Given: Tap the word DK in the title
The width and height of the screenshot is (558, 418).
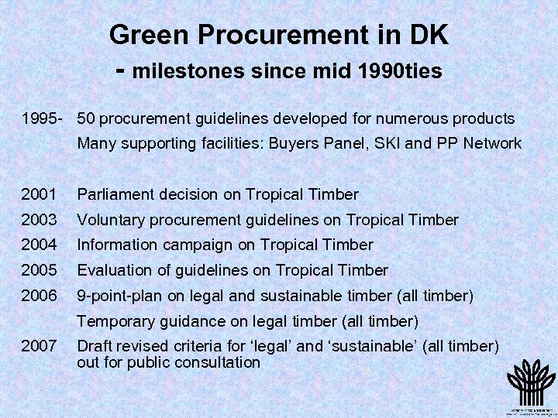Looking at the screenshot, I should pyautogui.click(x=429, y=35).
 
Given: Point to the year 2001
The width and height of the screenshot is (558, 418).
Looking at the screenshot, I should pyautogui.click(x=39, y=194).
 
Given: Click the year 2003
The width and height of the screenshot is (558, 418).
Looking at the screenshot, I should pyautogui.click(x=39, y=220).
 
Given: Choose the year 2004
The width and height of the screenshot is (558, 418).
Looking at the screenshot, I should pyautogui.click(x=39, y=245).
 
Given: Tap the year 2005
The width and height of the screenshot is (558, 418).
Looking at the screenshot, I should pyautogui.click(x=39, y=270).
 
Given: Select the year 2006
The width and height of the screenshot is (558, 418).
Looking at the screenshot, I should pyautogui.click(x=39, y=295).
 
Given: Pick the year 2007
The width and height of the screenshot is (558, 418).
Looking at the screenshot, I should pyautogui.click(x=39, y=345).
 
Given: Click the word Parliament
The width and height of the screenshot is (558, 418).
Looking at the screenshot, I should pyautogui.click(x=114, y=194).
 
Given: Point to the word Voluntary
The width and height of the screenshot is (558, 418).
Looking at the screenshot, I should pyautogui.click(x=112, y=220).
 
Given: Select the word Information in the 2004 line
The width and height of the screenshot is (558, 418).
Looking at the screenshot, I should pyautogui.click(x=118, y=245).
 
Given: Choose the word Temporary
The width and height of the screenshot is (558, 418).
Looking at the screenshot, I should pyautogui.click(x=116, y=320).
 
